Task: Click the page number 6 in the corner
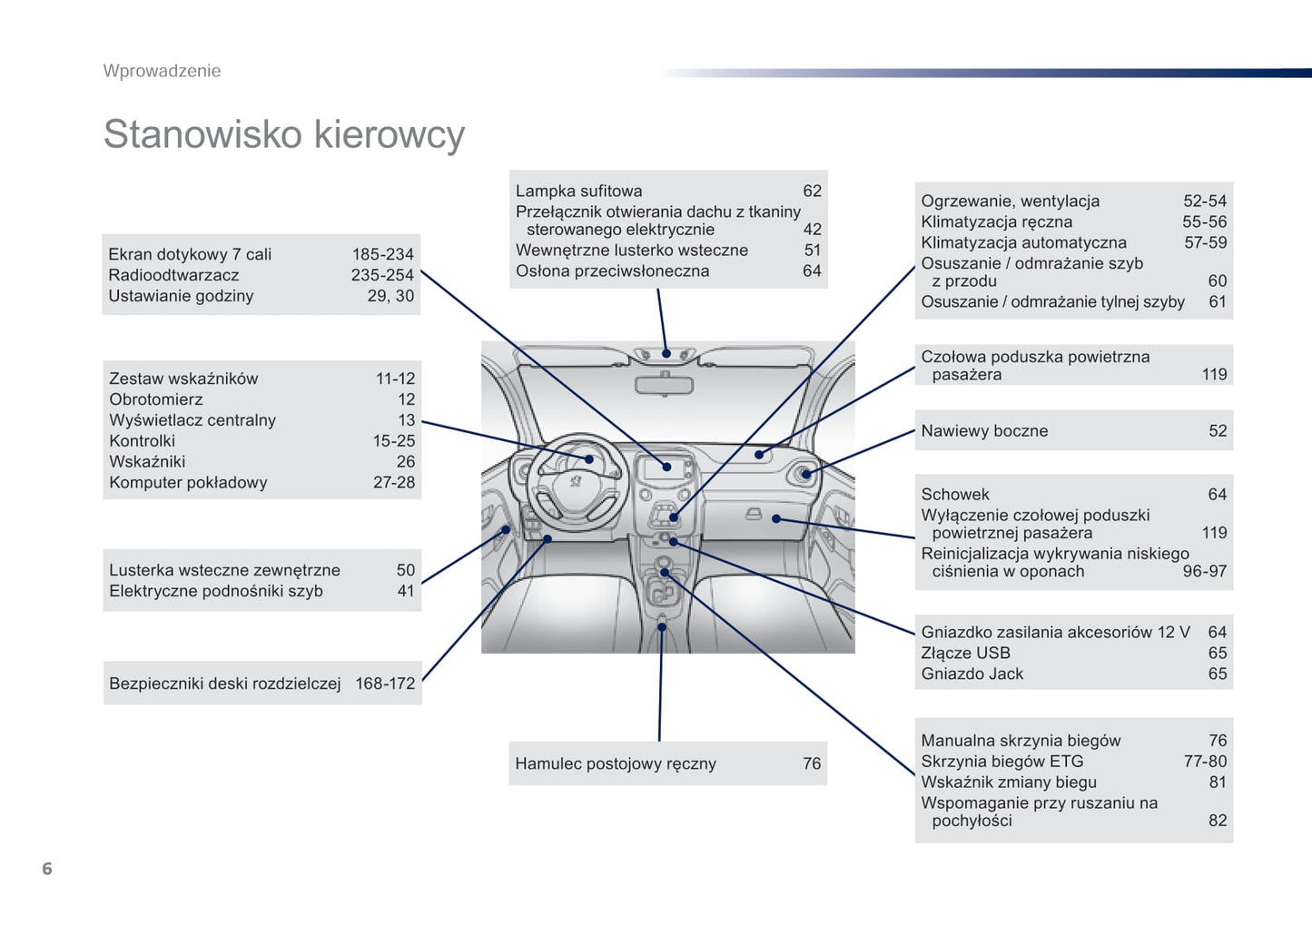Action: (47, 869)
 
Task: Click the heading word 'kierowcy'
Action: (389, 134)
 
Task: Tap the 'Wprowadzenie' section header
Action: (162, 71)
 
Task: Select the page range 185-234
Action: (382, 254)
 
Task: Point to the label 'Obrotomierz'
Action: (156, 399)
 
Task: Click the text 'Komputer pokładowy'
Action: (188, 483)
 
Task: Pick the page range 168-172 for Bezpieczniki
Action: (385, 684)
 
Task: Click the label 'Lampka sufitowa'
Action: (578, 191)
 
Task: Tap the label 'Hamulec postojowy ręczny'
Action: (616, 763)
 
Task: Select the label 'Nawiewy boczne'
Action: (984, 431)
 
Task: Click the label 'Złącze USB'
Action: (965, 653)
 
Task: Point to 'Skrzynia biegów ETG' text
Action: (1002, 762)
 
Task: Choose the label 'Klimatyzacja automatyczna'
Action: (1023, 242)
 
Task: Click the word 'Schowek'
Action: (955, 495)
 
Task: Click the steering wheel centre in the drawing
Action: (576, 480)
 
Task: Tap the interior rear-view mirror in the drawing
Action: (664, 385)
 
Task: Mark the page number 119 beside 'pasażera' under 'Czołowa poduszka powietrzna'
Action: (1214, 374)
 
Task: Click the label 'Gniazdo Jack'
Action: (972, 674)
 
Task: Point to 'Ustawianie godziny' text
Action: (181, 296)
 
